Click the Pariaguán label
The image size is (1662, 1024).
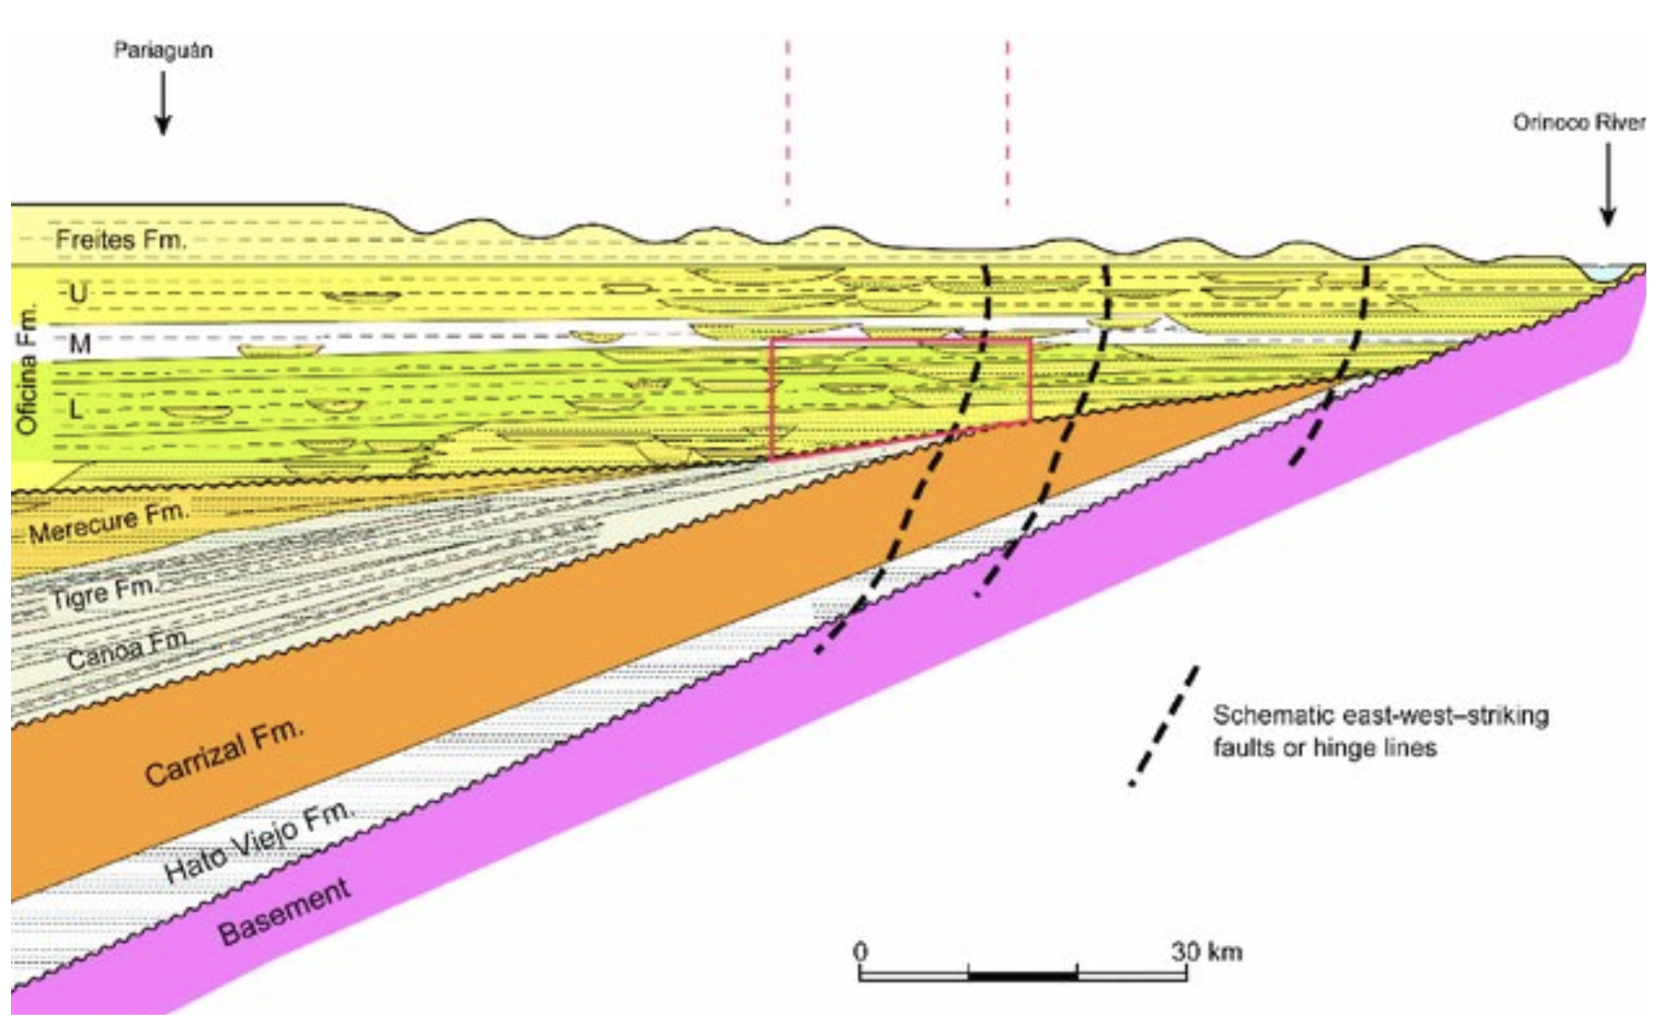(x=163, y=50)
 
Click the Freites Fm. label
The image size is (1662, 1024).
(x=121, y=240)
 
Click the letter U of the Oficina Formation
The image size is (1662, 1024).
(x=78, y=294)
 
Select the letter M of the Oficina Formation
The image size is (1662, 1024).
(x=80, y=343)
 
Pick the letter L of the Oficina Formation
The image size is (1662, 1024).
(x=76, y=408)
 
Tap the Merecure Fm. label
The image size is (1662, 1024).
(x=108, y=523)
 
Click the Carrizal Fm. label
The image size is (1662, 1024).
(x=224, y=752)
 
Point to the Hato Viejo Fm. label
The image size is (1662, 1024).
(x=259, y=842)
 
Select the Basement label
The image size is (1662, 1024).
(x=284, y=912)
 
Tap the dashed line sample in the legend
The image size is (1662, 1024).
(x=1165, y=726)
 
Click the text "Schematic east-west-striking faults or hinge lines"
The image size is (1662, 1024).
(x=1379, y=731)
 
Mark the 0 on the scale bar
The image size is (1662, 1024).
(x=860, y=950)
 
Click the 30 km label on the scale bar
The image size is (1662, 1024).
(x=1206, y=950)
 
